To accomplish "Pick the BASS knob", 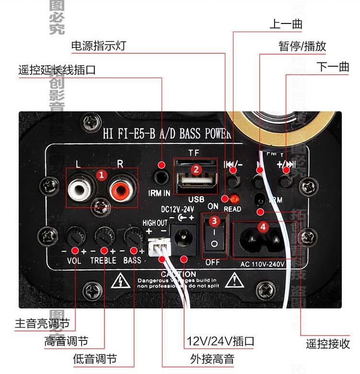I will point(132,235).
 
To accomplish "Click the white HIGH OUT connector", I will point(158,246).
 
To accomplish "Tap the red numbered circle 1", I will point(101,175).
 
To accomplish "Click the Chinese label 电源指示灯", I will point(98,46).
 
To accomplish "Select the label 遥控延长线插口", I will point(57,70).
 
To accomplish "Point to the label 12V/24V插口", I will point(220,341).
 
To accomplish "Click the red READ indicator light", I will point(234,199).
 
